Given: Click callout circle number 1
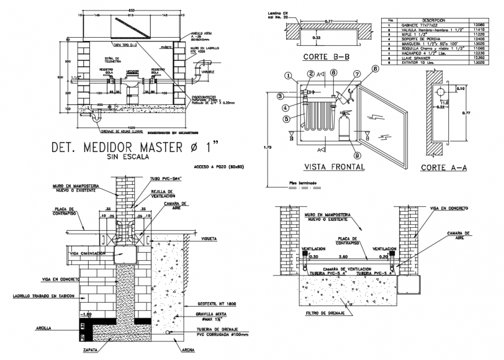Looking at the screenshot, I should point(288,75).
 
